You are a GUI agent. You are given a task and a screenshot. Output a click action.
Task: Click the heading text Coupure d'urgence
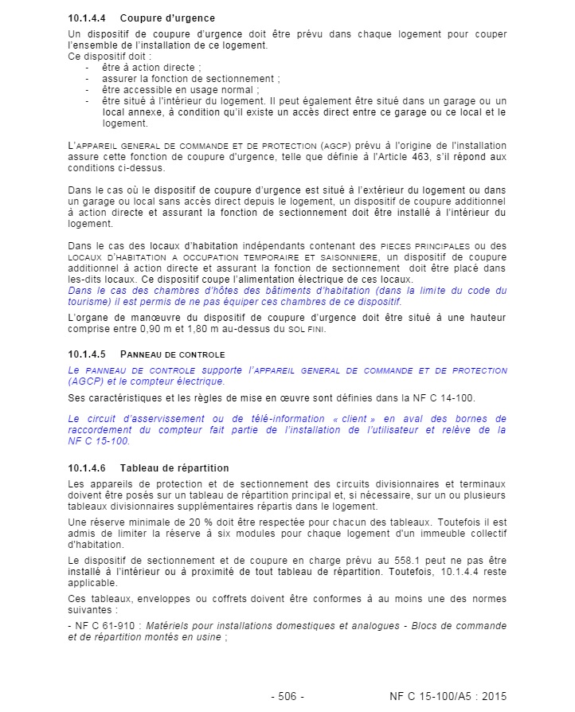coord(167,18)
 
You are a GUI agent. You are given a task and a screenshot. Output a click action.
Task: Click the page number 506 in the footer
coord(287,696)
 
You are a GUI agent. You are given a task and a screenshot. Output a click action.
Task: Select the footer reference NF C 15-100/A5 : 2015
coord(448,696)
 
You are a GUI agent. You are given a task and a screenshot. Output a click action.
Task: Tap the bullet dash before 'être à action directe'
coord(88,68)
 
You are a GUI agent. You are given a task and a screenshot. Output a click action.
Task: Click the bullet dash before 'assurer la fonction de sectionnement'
coord(88,79)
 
